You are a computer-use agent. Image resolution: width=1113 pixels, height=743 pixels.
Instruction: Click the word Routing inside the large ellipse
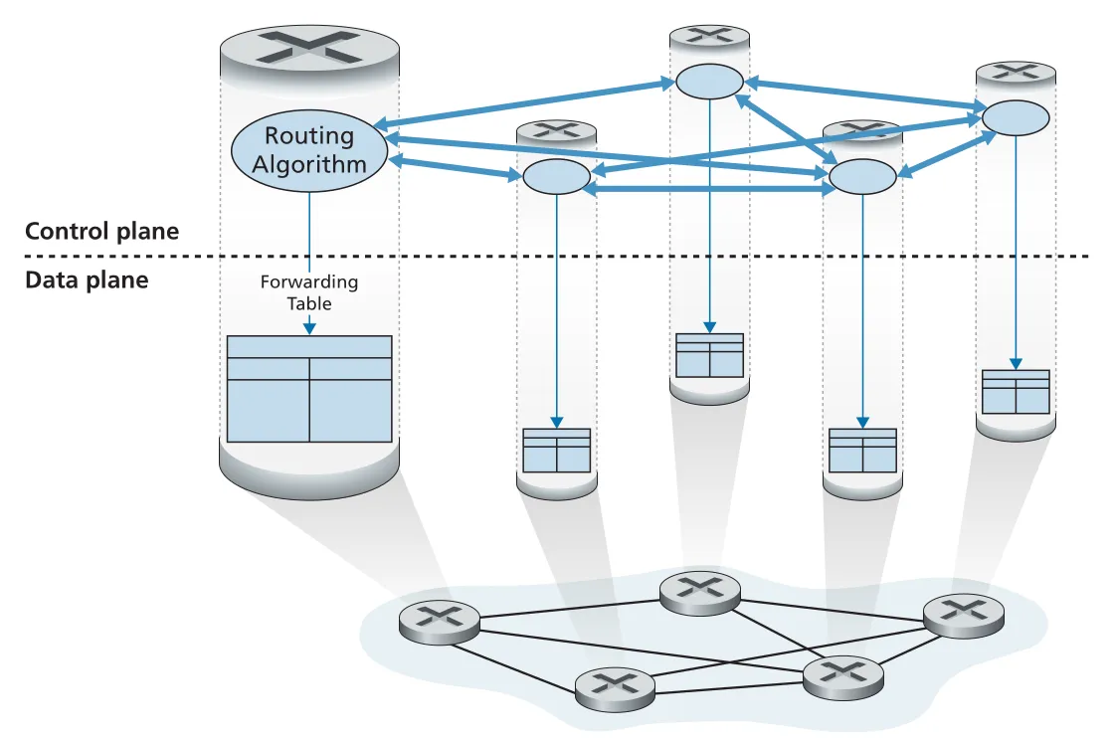click(x=309, y=135)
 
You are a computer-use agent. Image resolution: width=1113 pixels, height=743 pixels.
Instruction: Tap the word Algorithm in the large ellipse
click(x=309, y=165)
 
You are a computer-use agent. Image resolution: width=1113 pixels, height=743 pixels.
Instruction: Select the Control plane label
click(x=102, y=232)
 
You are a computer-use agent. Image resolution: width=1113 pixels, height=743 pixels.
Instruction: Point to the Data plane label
click(x=87, y=279)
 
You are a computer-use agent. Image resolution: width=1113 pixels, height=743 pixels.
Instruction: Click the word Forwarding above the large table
click(x=309, y=281)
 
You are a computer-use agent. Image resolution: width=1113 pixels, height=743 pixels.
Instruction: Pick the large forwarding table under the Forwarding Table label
click(x=309, y=389)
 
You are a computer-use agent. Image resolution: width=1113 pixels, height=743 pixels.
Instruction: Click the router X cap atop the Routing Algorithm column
click(x=309, y=49)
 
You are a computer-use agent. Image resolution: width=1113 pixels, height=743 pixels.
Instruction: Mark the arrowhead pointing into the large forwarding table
click(x=309, y=328)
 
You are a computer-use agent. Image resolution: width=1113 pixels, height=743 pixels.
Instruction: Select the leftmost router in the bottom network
click(x=439, y=623)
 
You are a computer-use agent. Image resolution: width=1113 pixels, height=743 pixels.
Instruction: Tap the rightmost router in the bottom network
click(x=964, y=616)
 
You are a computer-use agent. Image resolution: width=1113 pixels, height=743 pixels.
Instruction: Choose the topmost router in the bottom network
click(x=700, y=593)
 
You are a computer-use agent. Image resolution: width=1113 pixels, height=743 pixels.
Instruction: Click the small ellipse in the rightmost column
click(x=1016, y=117)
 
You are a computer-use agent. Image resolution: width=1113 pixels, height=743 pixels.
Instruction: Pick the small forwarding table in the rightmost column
click(x=1016, y=392)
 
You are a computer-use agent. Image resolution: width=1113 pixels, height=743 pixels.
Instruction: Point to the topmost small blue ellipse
click(x=709, y=81)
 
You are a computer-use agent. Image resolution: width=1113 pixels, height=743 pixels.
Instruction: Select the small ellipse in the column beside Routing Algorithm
click(x=557, y=177)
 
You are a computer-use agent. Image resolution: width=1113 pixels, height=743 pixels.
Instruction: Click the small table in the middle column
click(x=710, y=355)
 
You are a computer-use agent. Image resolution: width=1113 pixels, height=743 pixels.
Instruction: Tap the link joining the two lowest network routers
click(x=729, y=687)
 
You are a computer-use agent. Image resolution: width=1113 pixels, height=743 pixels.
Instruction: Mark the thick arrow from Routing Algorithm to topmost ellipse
click(x=524, y=105)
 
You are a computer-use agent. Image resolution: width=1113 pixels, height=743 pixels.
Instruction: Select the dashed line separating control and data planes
click(x=557, y=257)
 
